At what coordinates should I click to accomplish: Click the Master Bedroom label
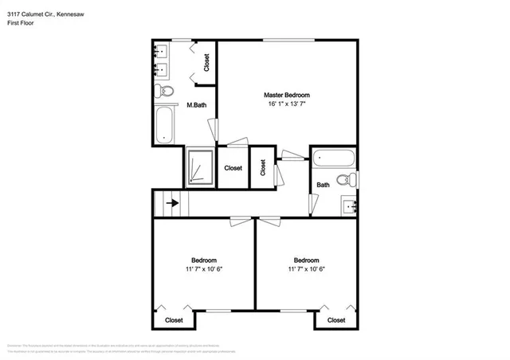[287, 95]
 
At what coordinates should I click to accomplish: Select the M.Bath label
[197, 105]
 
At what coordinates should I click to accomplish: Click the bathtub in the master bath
[166, 125]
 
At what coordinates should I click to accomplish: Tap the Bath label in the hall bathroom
[323, 185]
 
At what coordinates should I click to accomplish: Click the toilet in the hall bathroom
[347, 180]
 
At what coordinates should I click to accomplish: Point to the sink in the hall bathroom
[350, 205]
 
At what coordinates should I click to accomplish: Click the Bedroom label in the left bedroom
[203, 260]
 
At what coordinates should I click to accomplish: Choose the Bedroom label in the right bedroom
[306, 260]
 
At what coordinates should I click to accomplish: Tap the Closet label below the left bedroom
[174, 320]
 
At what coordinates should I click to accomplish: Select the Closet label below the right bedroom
[336, 320]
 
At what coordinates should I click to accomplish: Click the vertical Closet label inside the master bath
[206, 62]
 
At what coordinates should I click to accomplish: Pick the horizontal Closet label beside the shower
[233, 168]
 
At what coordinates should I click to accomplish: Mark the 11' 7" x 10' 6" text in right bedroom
[306, 269]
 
